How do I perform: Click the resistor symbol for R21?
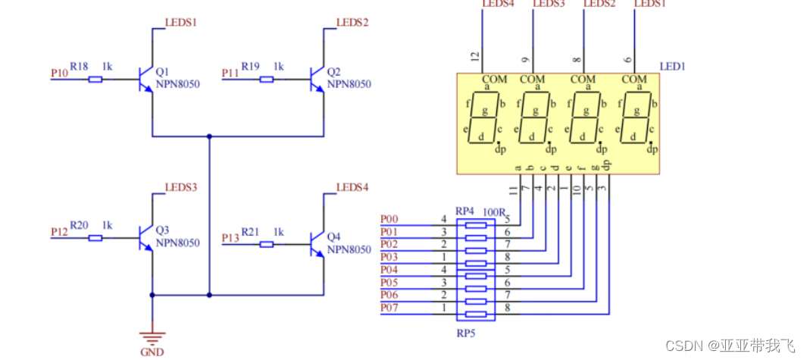click(266, 244)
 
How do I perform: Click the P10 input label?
click(59, 73)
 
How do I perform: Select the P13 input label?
click(230, 239)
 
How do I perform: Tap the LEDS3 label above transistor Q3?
click(181, 188)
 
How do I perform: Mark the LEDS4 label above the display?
click(497, 4)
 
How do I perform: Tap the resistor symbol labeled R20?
click(95, 238)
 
